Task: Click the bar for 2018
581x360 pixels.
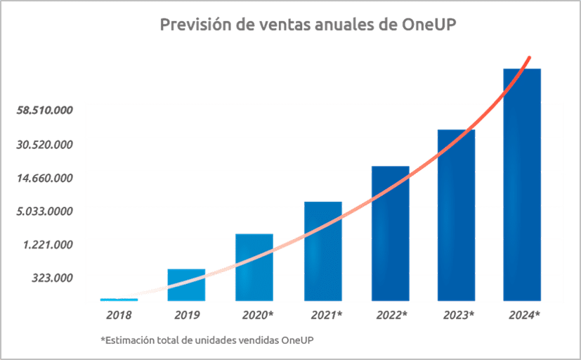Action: (119, 300)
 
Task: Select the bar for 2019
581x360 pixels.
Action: (186, 285)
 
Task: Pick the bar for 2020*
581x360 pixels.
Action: (254, 267)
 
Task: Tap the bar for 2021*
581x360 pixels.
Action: (323, 251)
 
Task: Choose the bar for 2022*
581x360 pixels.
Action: (391, 233)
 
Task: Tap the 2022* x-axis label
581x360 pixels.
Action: (391, 315)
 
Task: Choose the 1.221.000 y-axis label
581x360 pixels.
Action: (49, 245)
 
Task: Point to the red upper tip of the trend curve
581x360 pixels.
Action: (529, 58)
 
